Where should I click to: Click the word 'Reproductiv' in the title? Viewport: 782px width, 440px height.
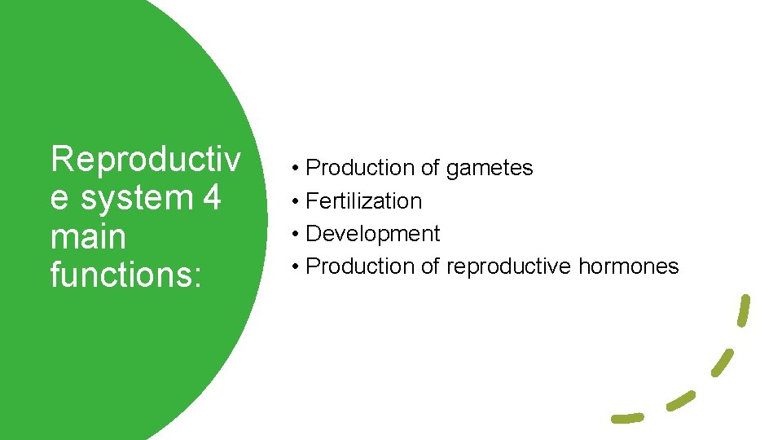pyautogui.click(x=145, y=159)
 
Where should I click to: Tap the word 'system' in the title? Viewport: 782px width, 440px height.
pyautogui.click(x=130, y=198)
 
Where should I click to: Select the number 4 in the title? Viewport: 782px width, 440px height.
pyautogui.click(x=209, y=198)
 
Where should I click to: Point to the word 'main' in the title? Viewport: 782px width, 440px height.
pyautogui.click(x=88, y=237)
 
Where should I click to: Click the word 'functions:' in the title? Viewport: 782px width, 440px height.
pyautogui.click(x=125, y=275)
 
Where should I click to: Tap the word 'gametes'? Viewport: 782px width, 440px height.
pyautogui.click(x=489, y=169)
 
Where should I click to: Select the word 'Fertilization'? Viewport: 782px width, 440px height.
pyautogui.click(x=363, y=201)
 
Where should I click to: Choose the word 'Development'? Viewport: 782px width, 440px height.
pyautogui.click(x=372, y=234)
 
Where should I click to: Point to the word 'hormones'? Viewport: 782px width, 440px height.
pyautogui.click(x=628, y=266)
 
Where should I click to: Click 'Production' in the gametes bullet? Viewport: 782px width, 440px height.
pyautogui.click(x=361, y=169)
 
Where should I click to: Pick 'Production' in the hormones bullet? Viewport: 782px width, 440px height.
pyautogui.click(x=361, y=266)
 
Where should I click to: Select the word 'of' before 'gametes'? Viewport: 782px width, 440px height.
pyautogui.click(x=430, y=169)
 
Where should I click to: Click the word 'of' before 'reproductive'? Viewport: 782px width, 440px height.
pyautogui.click(x=430, y=266)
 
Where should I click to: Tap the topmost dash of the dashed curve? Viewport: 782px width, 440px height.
pyautogui.click(x=744, y=310)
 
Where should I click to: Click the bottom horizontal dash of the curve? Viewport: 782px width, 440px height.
pyautogui.click(x=627, y=418)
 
